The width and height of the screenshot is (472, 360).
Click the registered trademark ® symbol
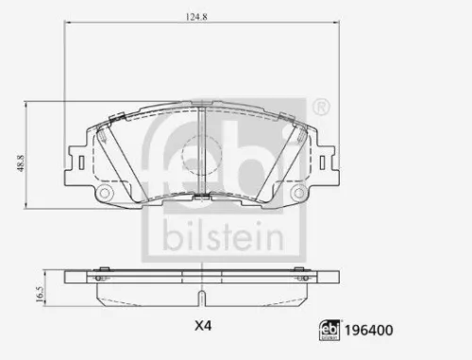tap(322, 104)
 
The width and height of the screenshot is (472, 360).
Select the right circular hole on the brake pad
tap(300, 193)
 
